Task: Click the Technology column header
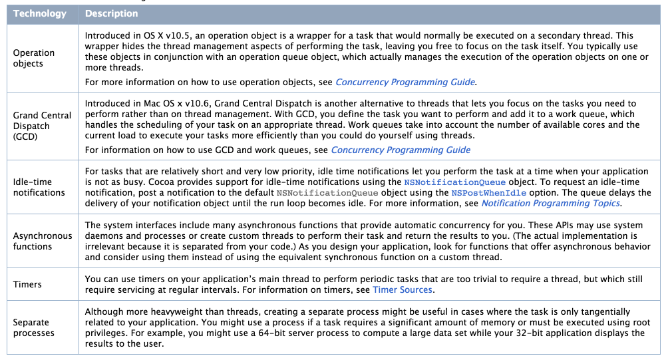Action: pyautogui.click(x=40, y=13)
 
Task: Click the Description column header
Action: pyautogui.click(x=112, y=13)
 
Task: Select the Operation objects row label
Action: pyautogui.click(x=34, y=58)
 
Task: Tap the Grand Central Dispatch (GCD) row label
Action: pyautogui.click(x=42, y=125)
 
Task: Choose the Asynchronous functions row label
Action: pyautogui.click(x=42, y=241)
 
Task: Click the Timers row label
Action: pyautogui.click(x=27, y=284)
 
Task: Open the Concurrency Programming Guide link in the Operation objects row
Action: pyautogui.click(x=405, y=83)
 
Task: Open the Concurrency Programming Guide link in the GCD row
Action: pyautogui.click(x=401, y=150)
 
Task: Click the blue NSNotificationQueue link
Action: pyautogui.click(x=455, y=182)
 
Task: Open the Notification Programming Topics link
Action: pyautogui.click(x=550, y=204)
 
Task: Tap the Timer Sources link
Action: pyautogui.click(x=403, y=289)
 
